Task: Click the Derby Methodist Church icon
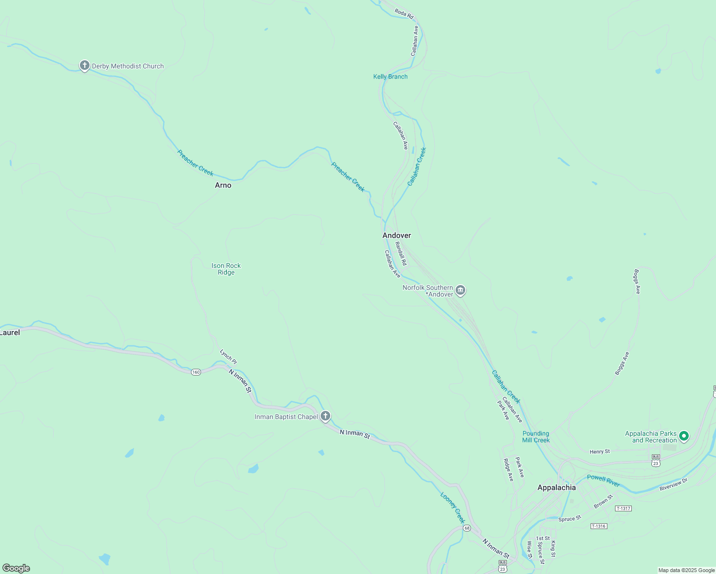point(85,66)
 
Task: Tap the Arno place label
point(223,185)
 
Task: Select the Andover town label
point(396,235)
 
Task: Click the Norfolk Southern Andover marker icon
point(460,290)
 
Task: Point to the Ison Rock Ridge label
point(226,269)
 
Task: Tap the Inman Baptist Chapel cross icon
point(325,416)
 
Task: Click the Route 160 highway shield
point(196,372)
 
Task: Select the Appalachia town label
point(556,487)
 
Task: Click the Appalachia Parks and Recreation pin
point(684,436)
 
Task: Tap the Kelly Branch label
point(391,77)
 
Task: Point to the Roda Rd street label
point(404,13)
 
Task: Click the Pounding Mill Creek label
point(536,437)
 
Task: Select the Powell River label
point(603,480)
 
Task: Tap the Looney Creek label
point(452,508)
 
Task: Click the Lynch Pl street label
point(228,357)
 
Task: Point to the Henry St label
point(600,452)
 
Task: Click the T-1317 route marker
point(623,508)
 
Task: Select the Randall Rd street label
point(401,254)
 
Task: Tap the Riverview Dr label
point(673,485)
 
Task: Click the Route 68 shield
point(467,528)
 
